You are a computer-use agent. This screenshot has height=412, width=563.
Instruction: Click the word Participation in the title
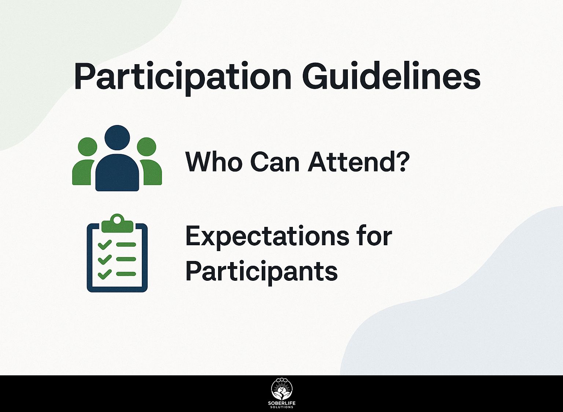pos(183,78)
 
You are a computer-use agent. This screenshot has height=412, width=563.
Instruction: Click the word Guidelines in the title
pos(391,75)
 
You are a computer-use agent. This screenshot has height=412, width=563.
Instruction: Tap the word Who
pos(214,162)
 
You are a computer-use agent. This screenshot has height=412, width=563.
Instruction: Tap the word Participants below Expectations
pos(261,273)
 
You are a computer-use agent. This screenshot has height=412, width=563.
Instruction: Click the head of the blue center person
pos(117,138)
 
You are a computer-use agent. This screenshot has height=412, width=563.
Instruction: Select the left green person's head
pos(88,147)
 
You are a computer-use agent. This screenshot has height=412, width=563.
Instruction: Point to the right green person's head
pos(147,147)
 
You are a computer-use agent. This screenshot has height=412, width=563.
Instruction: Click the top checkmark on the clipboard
pos(104,244)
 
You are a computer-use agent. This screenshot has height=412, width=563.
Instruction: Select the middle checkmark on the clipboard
pos(104,259)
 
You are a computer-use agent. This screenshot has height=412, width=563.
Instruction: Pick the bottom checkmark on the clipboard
pos(104,274)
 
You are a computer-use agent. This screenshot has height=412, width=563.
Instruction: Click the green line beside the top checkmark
pos(126,244)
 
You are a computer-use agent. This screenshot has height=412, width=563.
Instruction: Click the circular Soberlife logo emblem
pos(282,389)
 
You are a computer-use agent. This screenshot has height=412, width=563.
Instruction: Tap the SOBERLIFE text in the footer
pos(282,404)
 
